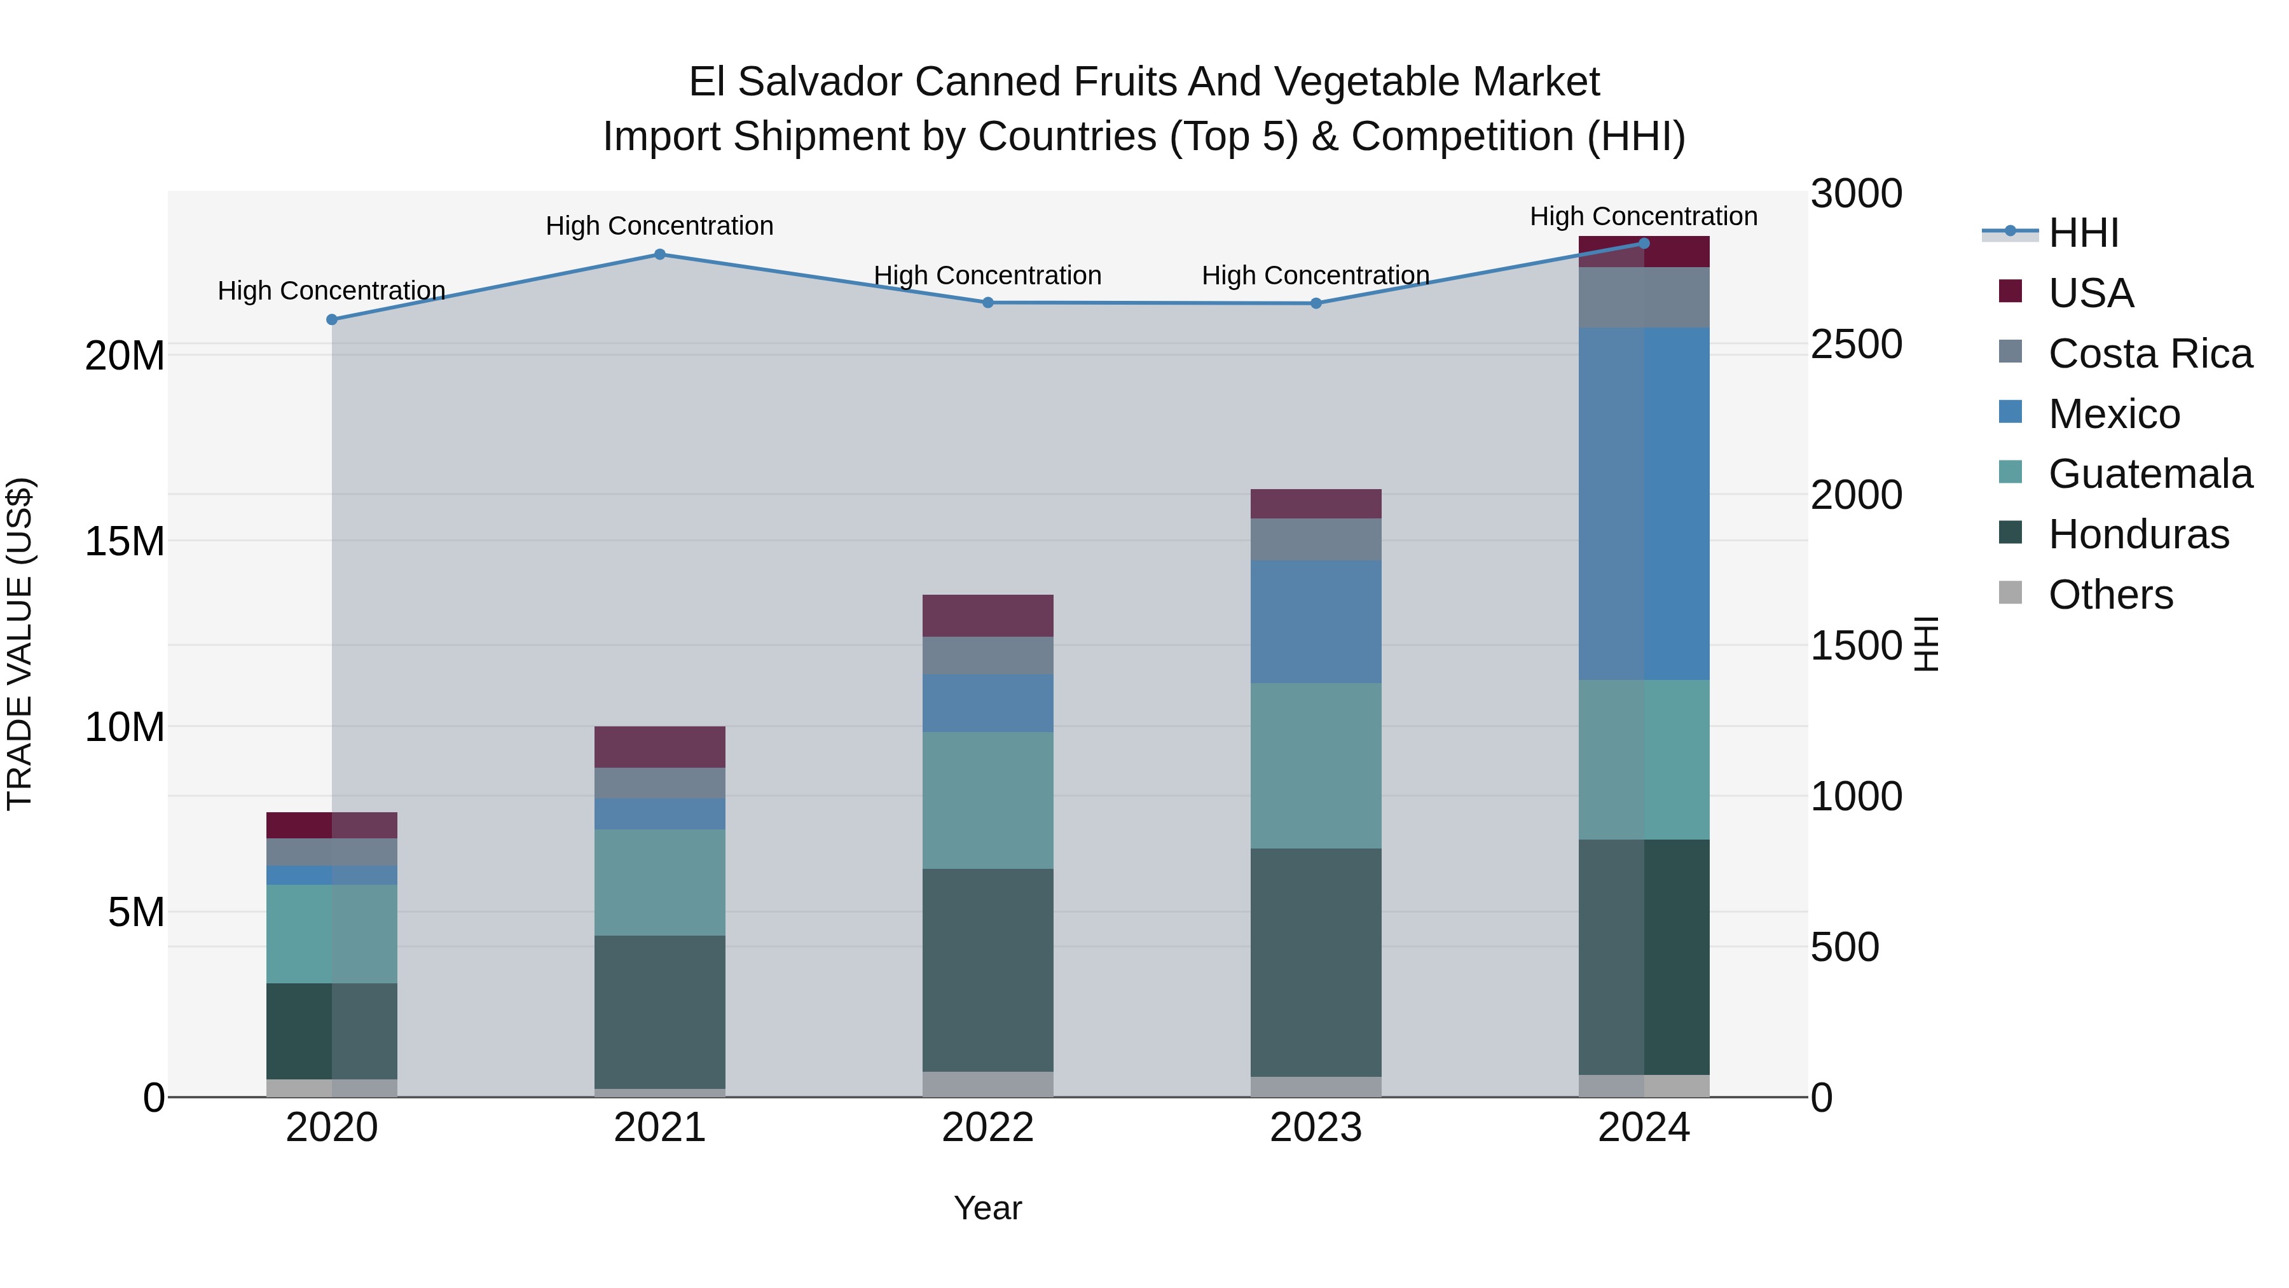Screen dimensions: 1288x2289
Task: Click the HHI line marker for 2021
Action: [659, 254]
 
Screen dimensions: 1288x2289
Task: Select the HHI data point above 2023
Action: [1316, 303]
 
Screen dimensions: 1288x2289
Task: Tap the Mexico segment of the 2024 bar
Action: [1644, 503]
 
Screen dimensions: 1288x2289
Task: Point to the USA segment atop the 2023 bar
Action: [1316, 503]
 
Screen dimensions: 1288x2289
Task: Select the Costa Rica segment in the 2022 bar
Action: [987, 655]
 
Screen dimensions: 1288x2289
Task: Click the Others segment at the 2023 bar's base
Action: [1316, 1086]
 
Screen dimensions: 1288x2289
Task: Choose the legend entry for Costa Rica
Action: [2150, 354]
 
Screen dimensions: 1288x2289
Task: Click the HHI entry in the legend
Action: [2083, 233]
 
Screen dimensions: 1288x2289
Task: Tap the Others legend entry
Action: [2110, 595]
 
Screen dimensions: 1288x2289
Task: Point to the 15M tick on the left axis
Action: [125, 541]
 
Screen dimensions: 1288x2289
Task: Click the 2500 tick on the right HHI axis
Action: [1856, 345]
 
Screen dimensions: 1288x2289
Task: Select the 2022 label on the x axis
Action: [987, 1128]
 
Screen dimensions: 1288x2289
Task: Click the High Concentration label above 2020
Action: [331, 291]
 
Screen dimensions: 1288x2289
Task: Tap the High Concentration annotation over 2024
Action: [1643, 216]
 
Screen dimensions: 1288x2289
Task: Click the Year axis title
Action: [987, 1208]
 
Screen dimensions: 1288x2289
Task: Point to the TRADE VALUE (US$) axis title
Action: [20, 644]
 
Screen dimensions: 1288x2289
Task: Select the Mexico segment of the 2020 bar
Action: [331, 875]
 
